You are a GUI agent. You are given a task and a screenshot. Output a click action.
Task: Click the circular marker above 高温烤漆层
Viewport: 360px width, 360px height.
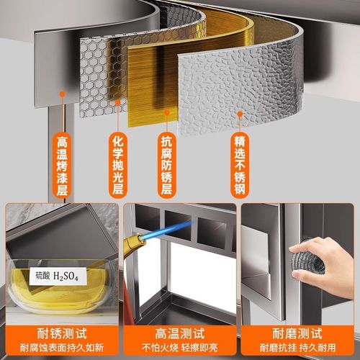[x=63, y=93]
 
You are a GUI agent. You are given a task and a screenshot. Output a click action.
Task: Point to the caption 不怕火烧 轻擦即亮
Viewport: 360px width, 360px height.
[x=179, y=348]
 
